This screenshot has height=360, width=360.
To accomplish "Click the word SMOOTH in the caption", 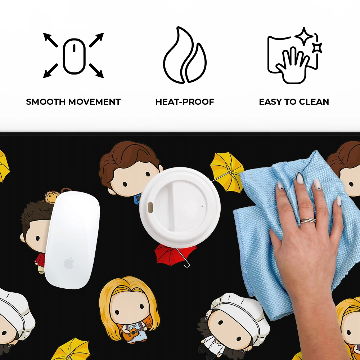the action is pyautogui.click(x=46, y=102).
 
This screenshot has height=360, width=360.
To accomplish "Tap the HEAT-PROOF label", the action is pyautogui.click(x=185, y=102).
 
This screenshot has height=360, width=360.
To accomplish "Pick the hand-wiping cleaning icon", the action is pyautogui.click(x=294, y=56).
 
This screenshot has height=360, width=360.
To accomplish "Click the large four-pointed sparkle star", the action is pyautogui.click(x=304, y=36).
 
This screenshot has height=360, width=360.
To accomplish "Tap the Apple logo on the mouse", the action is pyautogui.click(x=69, y=263).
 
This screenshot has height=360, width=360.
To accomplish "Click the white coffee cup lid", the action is pyautogui.click(x=180, y=208).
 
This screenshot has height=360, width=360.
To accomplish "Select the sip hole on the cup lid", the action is pyautogui.click(x=150, y=207).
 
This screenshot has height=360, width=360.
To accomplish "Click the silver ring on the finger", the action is pyautogui.click(x=308, y=221).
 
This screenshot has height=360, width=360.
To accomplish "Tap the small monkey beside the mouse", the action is pyautogui.click(x=52, y=197).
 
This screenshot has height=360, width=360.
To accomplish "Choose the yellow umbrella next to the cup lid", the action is pyautogui.click(x=227, y=172).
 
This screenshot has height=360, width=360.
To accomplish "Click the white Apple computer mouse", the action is pyautogui.click(x=72, y=240).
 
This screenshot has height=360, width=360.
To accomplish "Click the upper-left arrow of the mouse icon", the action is pyautogui.click(x=50, y=40).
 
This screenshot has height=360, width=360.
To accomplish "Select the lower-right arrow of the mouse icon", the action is pyautogui.click(x=96, y=71).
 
